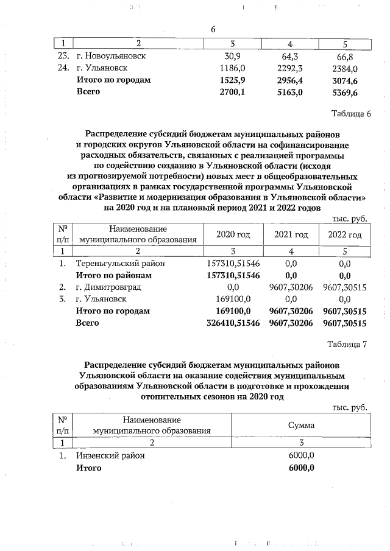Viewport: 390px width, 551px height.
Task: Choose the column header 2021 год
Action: click(291, 234)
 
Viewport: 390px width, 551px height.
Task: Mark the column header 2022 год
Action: click(345, 234)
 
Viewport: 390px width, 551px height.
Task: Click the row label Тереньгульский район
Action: click(120, 264)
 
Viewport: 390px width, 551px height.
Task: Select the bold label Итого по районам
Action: click(113, 275)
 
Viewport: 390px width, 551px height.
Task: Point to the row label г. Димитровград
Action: click(109, 287)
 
